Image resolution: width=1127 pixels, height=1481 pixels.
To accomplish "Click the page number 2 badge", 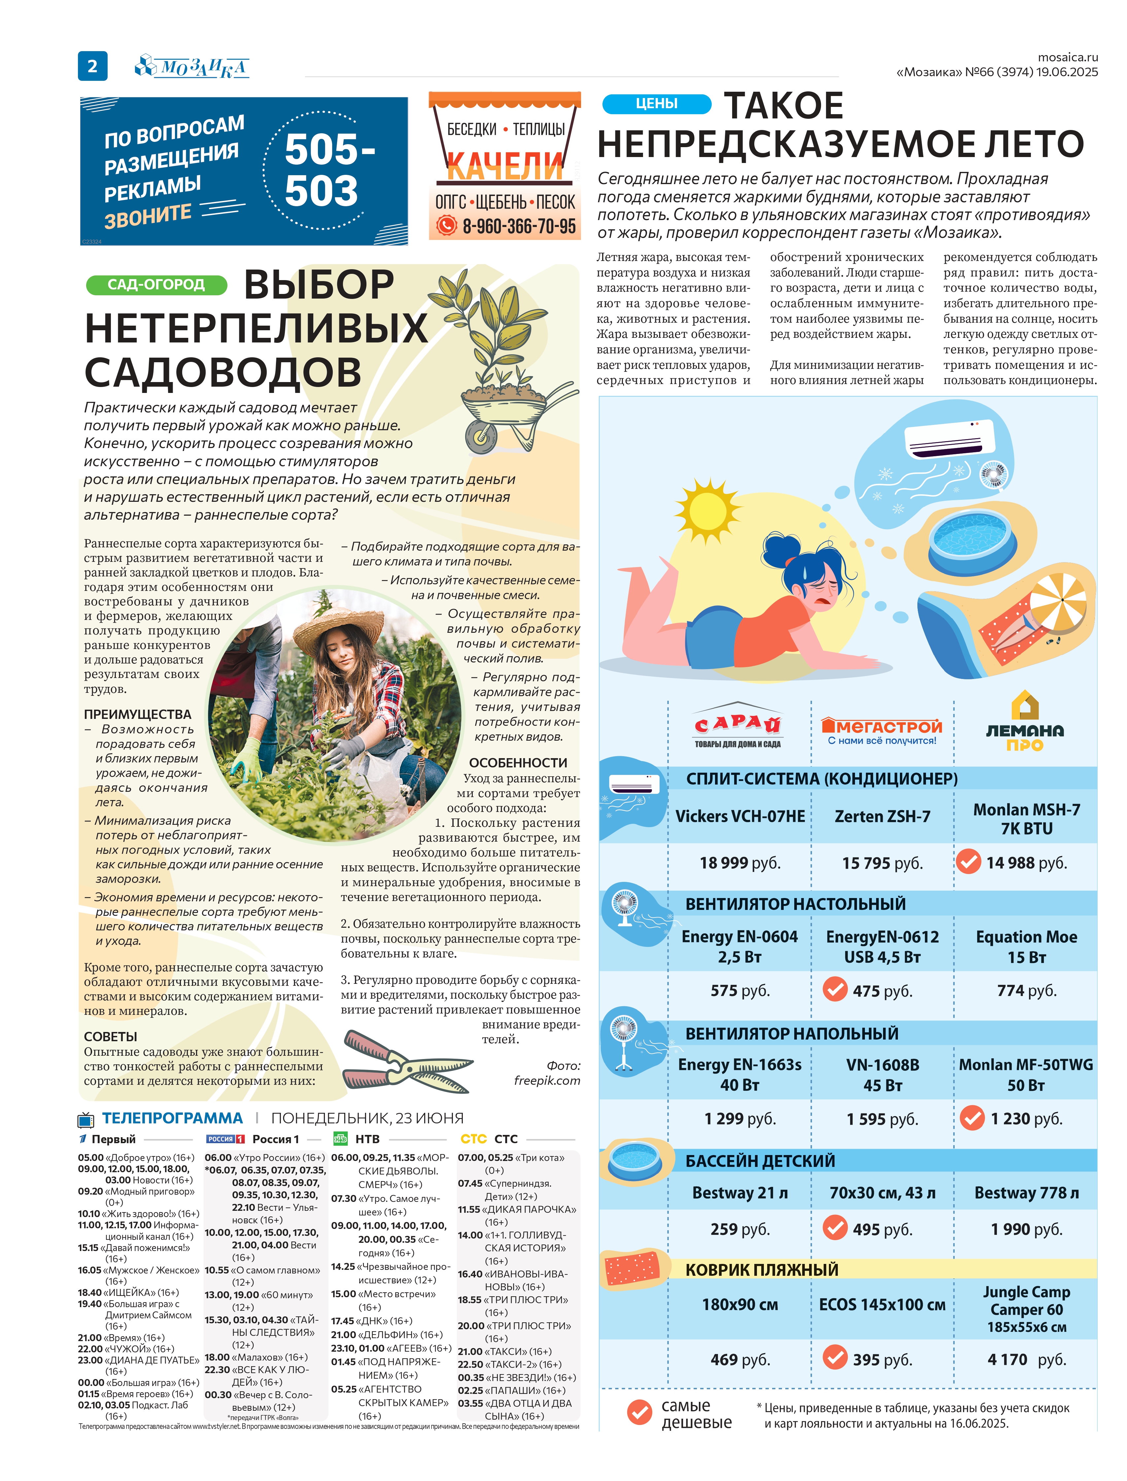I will coord(92,66).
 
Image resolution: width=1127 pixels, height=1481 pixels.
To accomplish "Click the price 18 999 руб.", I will coord(740,863).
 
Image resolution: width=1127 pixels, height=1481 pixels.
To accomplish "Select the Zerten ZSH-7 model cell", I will coord(882,817).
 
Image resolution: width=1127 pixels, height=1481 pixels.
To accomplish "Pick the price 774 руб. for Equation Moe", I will coord(1026,990).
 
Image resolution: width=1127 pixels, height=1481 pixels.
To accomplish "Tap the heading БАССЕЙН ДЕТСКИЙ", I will coord(760,1161).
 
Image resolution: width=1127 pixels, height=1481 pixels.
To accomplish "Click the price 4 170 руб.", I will coord(1026,1359).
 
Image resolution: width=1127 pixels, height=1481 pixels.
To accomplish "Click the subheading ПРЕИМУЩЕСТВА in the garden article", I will coord(138,714).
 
